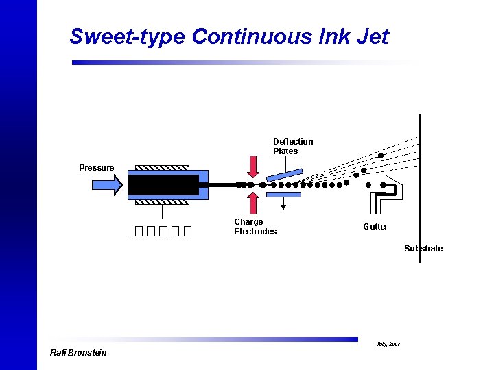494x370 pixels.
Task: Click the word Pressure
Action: (97, 168)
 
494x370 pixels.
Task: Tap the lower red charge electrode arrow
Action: (253, 203)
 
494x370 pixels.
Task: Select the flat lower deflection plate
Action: (283, 195)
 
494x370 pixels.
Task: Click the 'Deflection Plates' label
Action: (293, 147)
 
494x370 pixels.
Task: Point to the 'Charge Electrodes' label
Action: (255, 227)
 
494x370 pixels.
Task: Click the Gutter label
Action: (375, 227)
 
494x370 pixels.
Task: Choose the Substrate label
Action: (423, 249)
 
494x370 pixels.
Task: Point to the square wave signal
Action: (161, 230)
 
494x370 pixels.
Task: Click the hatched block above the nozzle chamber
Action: (162, 167)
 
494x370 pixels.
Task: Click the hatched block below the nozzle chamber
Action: (162, 201)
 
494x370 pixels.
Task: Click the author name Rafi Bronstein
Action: (78, 353)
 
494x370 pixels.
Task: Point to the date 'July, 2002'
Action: (388, 343)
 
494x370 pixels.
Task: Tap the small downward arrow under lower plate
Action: (283, 203)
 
